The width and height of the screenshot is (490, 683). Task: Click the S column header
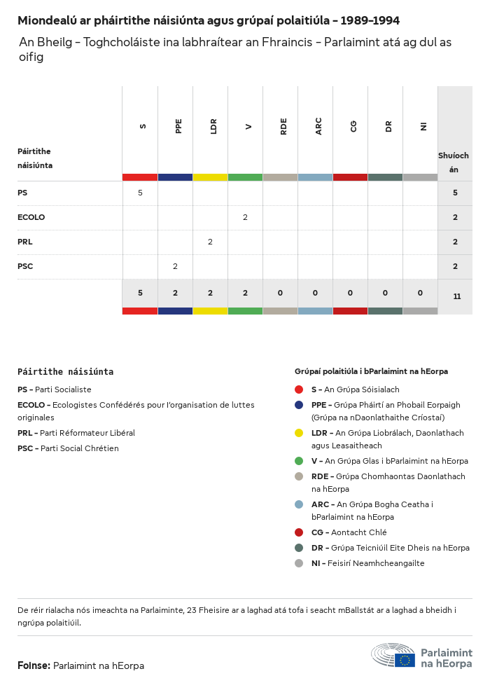coord(143,126)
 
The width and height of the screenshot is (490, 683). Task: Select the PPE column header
coord(178,126)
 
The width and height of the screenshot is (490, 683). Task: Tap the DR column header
coord(388,126)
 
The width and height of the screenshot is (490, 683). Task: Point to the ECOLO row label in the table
coord(31,217)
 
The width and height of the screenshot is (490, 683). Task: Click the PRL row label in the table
coord(25,242)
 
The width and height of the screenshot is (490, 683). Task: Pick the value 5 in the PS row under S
coord(140,193)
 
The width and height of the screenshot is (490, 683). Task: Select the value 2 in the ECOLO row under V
coord(245,217)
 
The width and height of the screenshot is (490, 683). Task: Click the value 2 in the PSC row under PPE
coord(175,266)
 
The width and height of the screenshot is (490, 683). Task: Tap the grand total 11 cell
coord(456,296)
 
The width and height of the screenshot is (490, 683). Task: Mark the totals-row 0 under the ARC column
coord(315,293)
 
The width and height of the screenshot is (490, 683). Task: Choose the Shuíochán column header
coord(454,162)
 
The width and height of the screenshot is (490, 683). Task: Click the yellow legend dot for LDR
coord(299,433)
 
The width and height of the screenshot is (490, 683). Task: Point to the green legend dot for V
coord(299,461)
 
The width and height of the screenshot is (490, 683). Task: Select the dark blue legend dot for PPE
coord(299,405)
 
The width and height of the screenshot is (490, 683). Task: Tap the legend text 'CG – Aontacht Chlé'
coord(349,532)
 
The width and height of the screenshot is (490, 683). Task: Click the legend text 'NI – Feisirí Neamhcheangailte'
coord(367,563)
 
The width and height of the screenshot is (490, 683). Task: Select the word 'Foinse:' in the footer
coord(34,665)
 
